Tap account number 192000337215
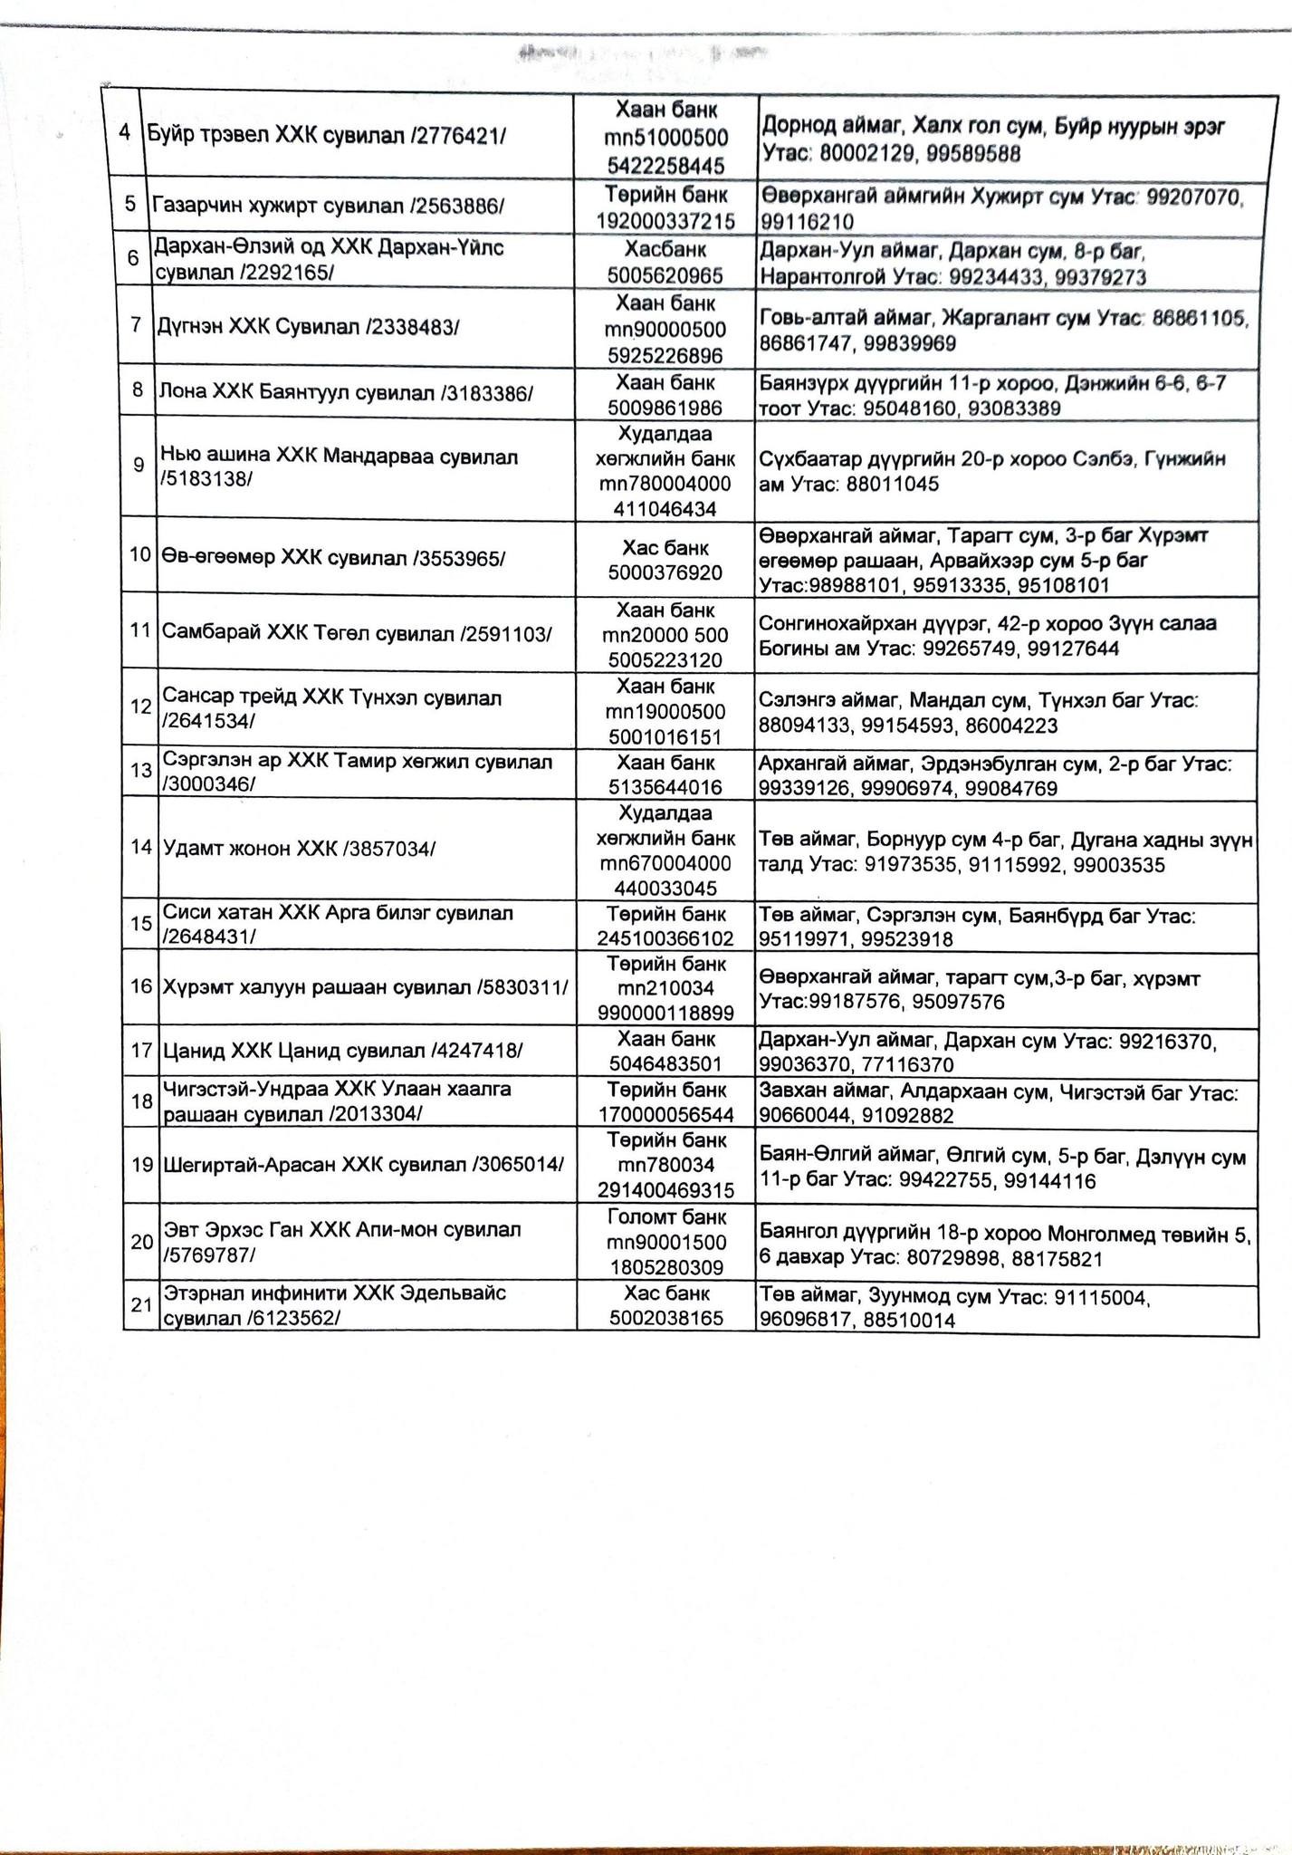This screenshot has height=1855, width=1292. tap(665, 220)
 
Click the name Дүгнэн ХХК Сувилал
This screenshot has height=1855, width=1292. tap(262, 327)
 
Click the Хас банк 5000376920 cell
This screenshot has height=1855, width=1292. tap(665, 561)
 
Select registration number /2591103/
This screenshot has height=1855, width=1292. tap(506, 633)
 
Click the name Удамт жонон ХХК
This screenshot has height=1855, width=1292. tap(250, 849)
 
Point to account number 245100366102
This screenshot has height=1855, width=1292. tap(665, 939)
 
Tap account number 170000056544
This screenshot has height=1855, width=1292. tap(665, 1115)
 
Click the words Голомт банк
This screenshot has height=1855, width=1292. tap(665, 1218)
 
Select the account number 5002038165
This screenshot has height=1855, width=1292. tap(665, 1318)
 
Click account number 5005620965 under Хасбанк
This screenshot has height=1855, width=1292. tap(665, 274)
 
